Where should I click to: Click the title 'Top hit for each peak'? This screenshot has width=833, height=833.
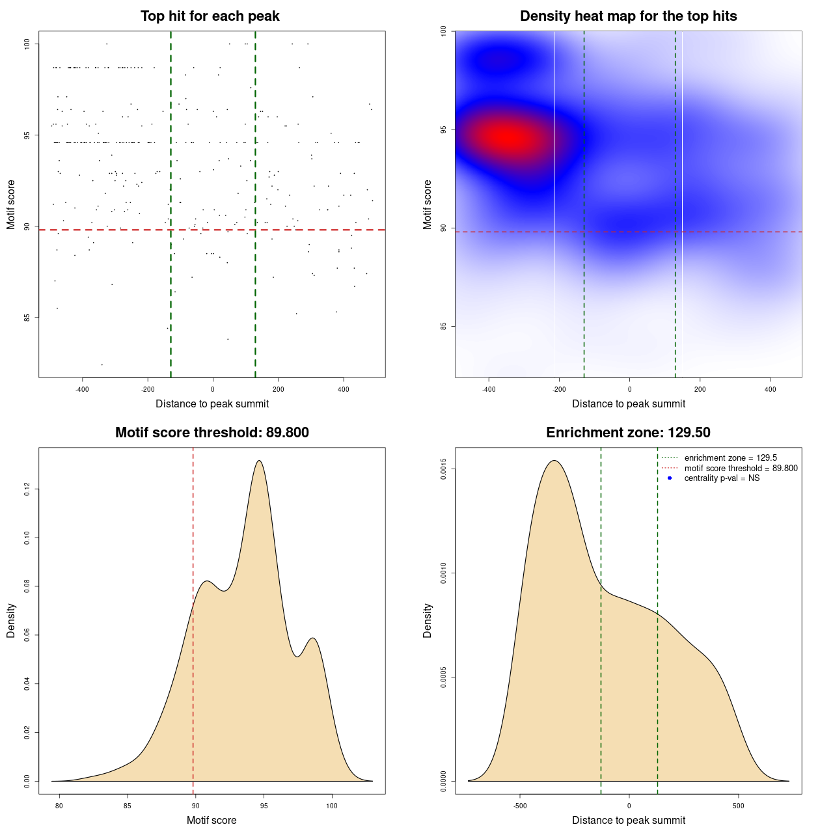tap(210, 16)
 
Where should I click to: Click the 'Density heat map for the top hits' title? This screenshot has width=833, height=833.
tap(628, 16)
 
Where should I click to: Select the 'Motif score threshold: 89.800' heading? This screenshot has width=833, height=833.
tap(212, 433)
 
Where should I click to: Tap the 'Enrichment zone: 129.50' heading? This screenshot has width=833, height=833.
tap(628, 433)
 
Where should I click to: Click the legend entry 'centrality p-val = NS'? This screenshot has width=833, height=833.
tap(722, 478)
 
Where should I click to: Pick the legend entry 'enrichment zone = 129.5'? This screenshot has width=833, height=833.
tap(730, 458)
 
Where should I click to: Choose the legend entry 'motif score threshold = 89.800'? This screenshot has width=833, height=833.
tap(741, 469)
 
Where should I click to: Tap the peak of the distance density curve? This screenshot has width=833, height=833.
tap(554, 461)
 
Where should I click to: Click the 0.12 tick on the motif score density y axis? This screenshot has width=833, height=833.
tap(27, 489)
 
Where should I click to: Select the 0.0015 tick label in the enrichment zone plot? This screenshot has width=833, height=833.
tap(444, 469)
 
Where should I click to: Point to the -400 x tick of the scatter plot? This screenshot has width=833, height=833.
tap(82, 389)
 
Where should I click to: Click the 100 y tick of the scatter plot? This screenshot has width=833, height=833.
tap(27, 44)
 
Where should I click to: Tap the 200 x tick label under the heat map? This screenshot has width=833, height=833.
tap(700, 389)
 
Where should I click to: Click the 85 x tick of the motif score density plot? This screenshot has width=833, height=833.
tap(128, 806)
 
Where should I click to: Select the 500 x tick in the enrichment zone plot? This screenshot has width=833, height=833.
tap(738, 806)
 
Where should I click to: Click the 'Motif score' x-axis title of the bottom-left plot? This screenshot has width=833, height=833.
tap(212, 820)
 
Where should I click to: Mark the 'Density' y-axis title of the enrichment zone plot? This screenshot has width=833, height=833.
tap(428, 620)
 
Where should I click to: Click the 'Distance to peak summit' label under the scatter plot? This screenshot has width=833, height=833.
tap(212, 403)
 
